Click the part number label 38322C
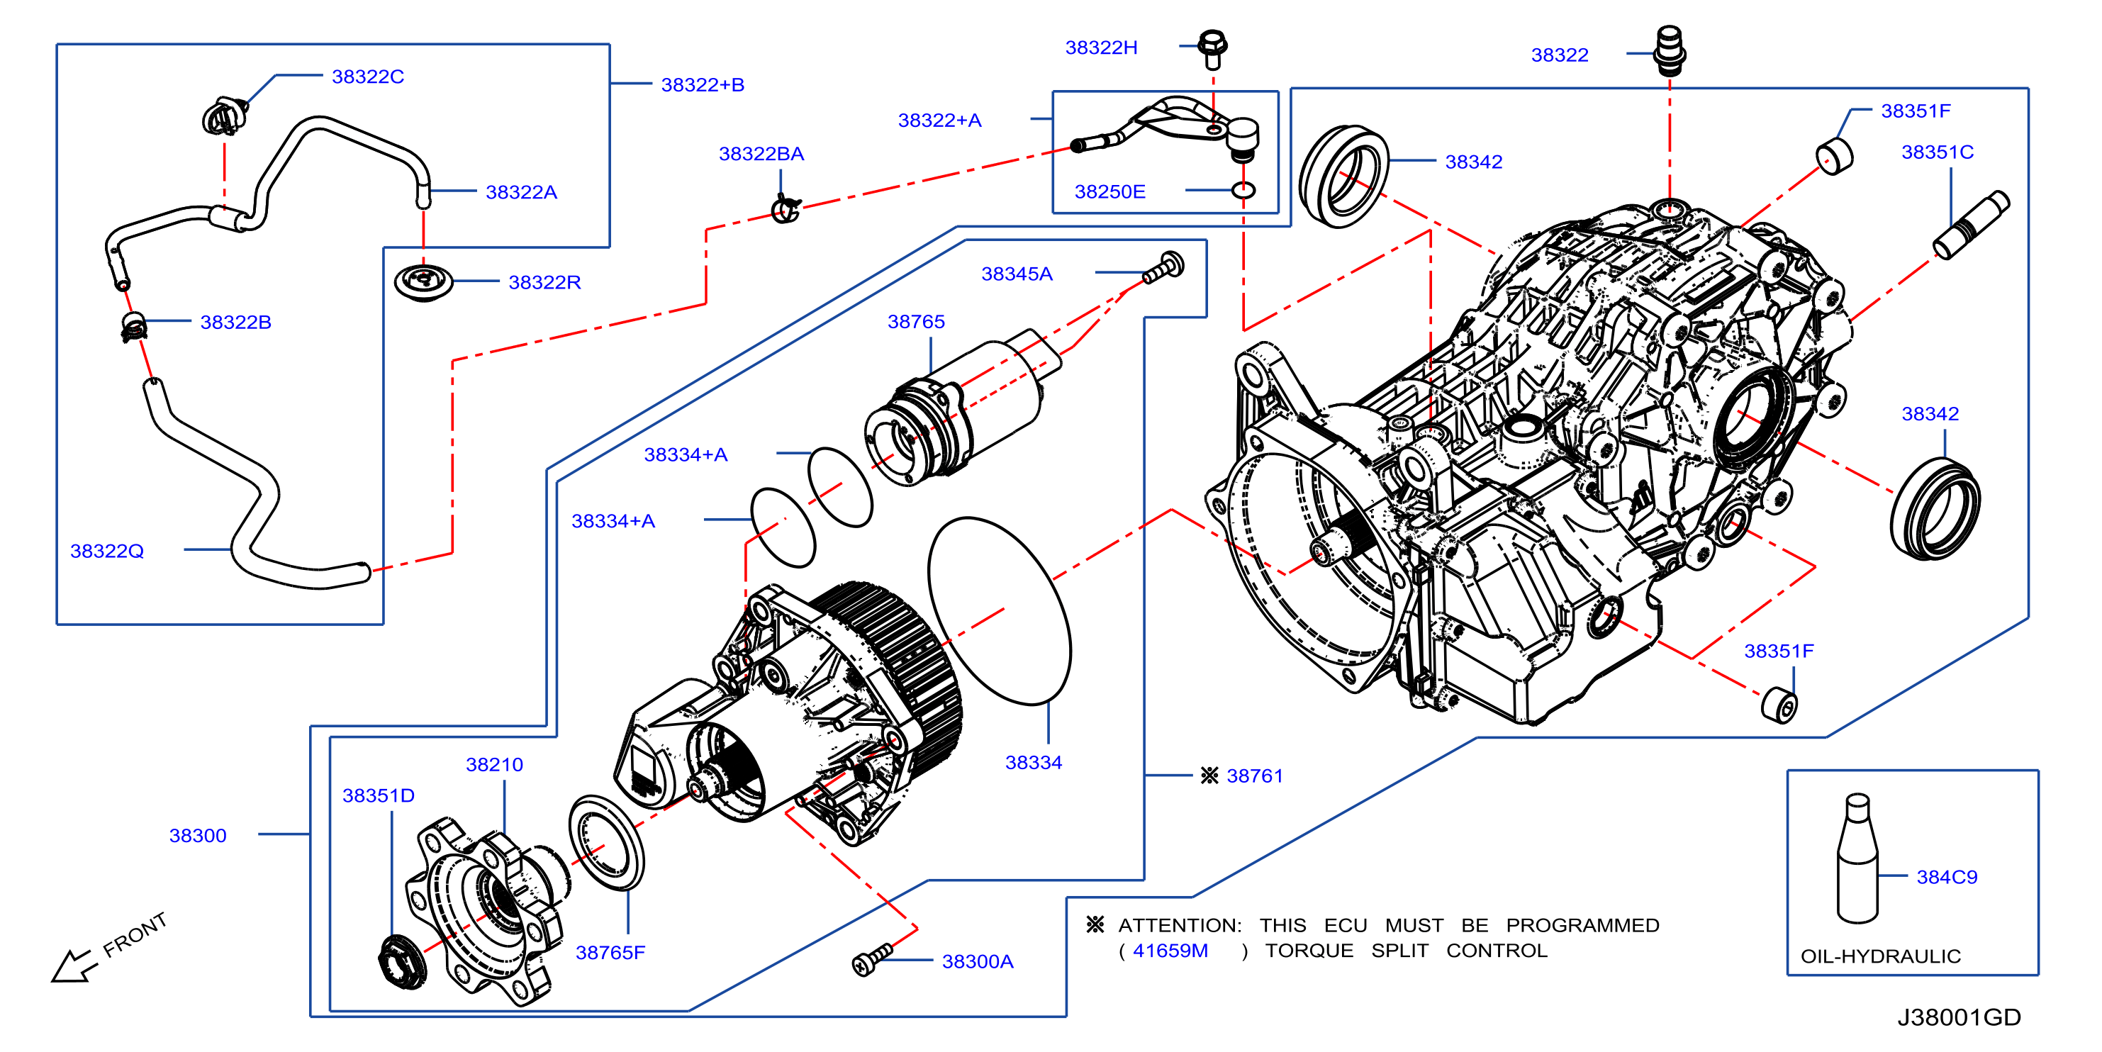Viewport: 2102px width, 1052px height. point(367,76)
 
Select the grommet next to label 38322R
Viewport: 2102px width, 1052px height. point(423,281)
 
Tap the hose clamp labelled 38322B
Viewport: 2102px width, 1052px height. point(133,327)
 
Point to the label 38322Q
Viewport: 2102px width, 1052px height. point(107,551)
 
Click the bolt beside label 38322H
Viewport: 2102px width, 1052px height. point(1212,48)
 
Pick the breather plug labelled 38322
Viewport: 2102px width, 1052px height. point(1669,50)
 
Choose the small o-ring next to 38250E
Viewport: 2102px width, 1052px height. point(1243,191)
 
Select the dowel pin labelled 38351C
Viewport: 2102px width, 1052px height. point(1971,225)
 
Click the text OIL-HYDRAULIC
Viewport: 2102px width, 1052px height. point(1880,956)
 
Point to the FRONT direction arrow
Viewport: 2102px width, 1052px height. point(75,965)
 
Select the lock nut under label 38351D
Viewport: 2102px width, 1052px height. point(403,962)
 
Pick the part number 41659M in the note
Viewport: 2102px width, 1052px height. point(1170,950)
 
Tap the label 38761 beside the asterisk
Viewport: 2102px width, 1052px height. point(1254,776)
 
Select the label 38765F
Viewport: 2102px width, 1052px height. point(610,953)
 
